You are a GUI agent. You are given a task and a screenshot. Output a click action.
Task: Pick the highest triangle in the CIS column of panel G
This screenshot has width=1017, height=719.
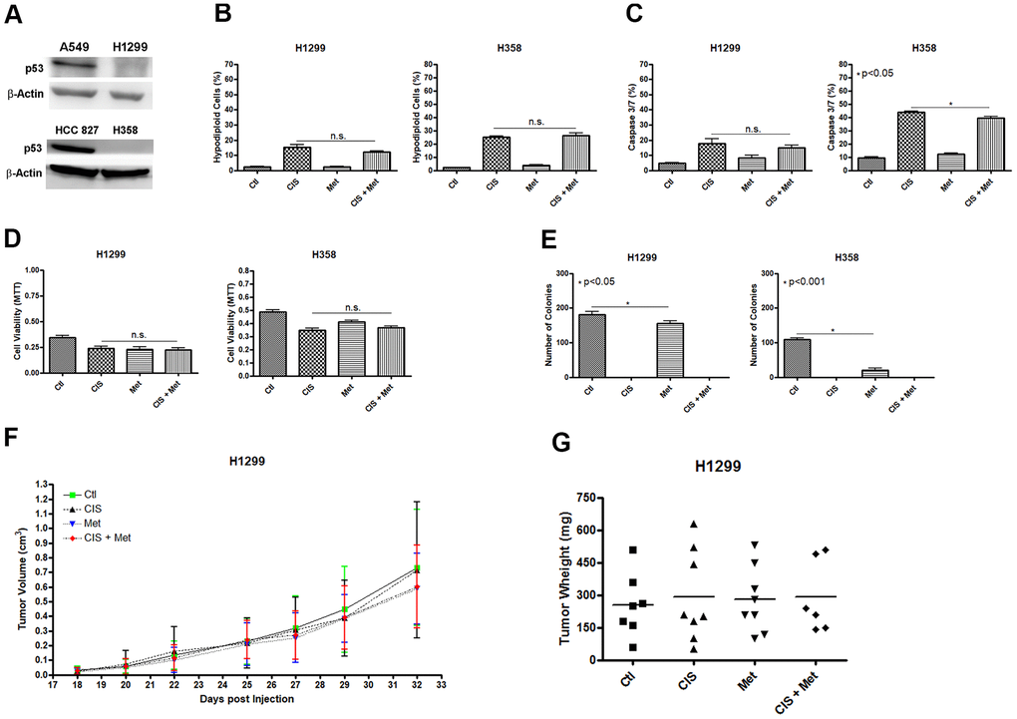pos(694,525)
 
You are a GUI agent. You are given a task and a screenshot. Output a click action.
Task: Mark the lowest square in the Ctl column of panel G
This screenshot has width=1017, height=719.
pos(631,647)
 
